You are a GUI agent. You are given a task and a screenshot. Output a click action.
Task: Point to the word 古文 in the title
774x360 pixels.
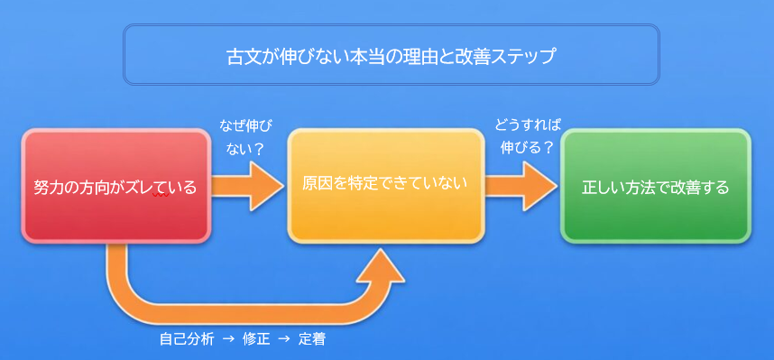point(241,57)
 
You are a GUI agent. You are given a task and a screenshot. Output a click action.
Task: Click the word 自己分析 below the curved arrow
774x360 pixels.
point(187,340)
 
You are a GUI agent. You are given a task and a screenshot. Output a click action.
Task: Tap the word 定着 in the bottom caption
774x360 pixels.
point(312,340)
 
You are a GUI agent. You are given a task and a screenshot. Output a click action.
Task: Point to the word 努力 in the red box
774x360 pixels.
point(49,188)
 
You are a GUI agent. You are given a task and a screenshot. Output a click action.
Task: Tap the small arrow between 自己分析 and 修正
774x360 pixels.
point(227,340)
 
